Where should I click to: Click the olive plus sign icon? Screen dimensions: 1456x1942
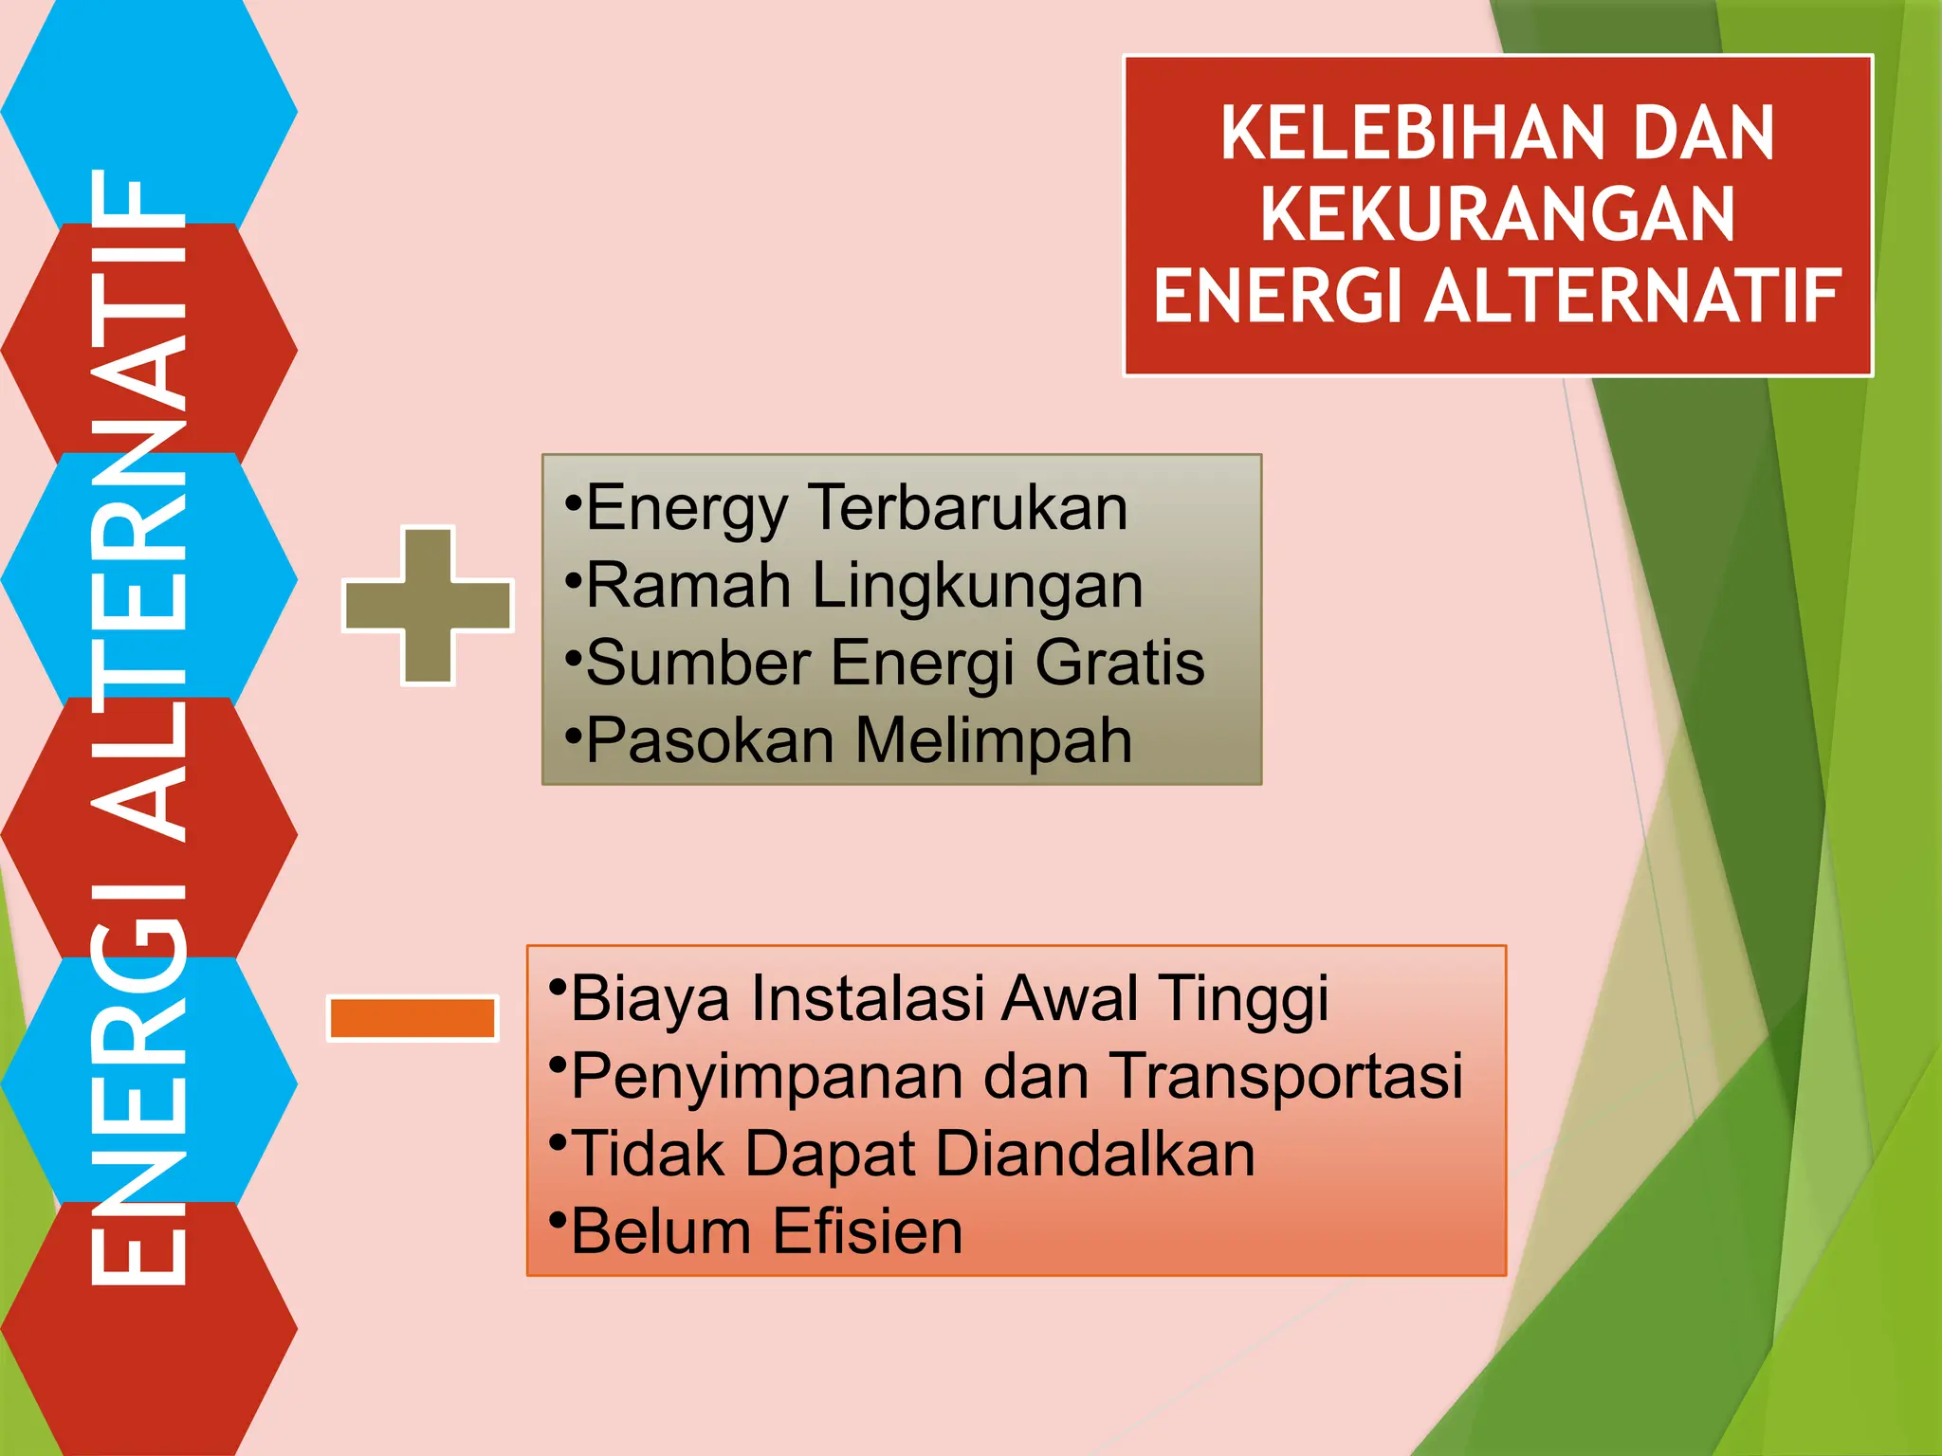[x=429, y=605]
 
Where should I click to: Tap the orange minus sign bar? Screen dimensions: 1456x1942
[x=412, y=1019]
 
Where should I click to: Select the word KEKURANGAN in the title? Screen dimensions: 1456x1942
[x=1497, y=214]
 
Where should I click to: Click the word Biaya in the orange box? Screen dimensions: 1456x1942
[x=650, y=999]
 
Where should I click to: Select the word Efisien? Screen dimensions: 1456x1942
[x=868, y=1231]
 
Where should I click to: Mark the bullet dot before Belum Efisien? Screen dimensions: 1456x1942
[x=558, y=1218]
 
